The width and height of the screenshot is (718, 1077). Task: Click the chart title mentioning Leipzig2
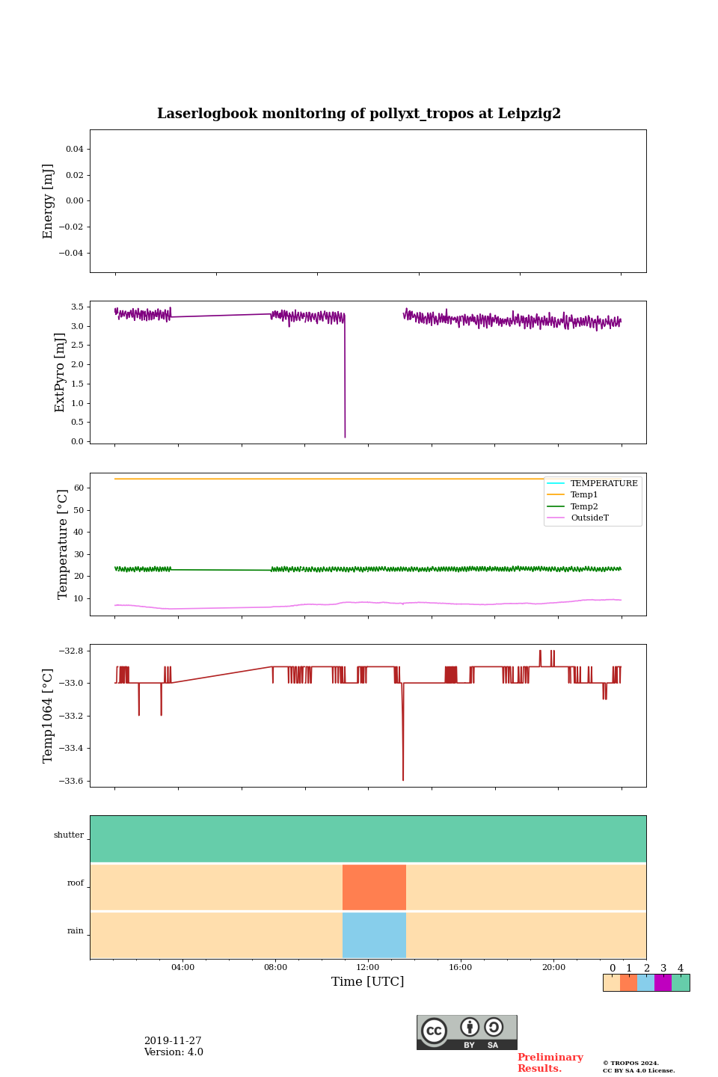pos(359,114)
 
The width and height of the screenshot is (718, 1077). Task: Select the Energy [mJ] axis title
pos(49,201)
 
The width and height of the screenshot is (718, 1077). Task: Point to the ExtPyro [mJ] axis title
pos(61,372)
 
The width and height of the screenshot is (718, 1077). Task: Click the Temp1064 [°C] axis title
pos(49,716)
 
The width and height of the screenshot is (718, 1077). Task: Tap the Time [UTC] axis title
pos(367,981)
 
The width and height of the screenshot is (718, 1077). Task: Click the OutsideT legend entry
pos(589,518)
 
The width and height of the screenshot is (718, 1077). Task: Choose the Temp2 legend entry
pos(584,506)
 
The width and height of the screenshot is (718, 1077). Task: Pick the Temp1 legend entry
pos(584,495)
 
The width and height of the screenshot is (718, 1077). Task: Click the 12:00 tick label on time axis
pos(368,967)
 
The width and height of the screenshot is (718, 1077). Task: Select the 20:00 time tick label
pos(553,967)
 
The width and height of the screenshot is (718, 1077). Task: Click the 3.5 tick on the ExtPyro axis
pos(76,307)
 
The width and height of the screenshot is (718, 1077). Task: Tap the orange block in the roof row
pos(374,887)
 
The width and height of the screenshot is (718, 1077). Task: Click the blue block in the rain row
pos(374,935)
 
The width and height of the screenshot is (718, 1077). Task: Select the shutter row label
pos(69,835)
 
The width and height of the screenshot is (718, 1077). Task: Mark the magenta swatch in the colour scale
pos(663,983)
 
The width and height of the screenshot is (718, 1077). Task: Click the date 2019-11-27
pos(173,1041)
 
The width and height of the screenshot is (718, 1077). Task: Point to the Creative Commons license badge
pos(467,1032)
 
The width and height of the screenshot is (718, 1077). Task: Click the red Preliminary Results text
pos(550,1063)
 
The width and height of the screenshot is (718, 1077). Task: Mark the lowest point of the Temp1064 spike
pos(403,780)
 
